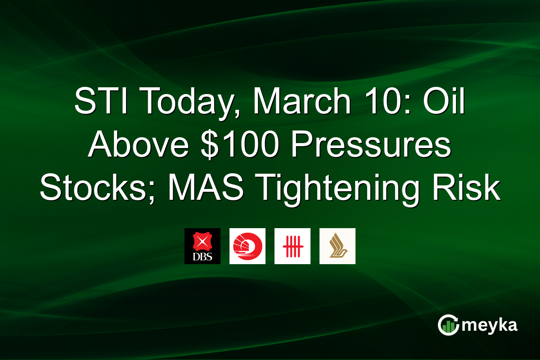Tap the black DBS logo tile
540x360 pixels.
(x=202, y=246)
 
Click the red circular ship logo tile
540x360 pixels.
(x=247, y=246)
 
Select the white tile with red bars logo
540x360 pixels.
(x=292, y=246)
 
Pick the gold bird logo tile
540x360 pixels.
(x=337, y=246)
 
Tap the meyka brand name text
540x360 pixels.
(x=490, y=325)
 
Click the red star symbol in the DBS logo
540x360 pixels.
(x=202, y=242)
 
